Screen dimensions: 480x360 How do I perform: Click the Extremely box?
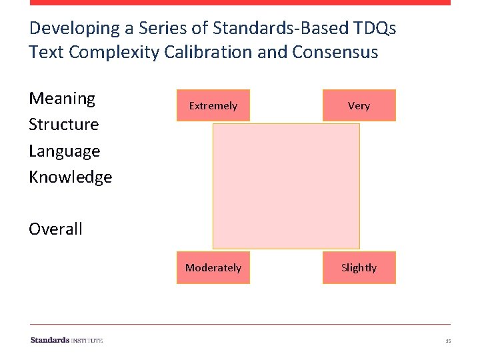[x=213, y=105]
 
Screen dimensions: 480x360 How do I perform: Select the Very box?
[x=359, y=105]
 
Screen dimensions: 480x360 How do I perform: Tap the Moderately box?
[x=213, y=267]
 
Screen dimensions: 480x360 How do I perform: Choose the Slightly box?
[x=359, y=267]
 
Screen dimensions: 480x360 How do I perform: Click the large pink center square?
[x=286, y=186]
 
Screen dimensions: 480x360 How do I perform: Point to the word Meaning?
[x=62, y=99]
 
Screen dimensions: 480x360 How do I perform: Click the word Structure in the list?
[x=63, y=125]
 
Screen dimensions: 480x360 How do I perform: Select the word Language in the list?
[x=64, y=151]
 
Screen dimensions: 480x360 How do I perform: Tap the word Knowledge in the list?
[x=70, y=177]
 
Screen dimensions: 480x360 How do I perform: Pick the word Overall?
[x=55, y=229]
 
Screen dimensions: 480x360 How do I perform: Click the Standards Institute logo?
[x=66, y=340]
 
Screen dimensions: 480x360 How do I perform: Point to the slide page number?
[x=448, y=341]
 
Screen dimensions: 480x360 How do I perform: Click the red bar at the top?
[x=240, y=3]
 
